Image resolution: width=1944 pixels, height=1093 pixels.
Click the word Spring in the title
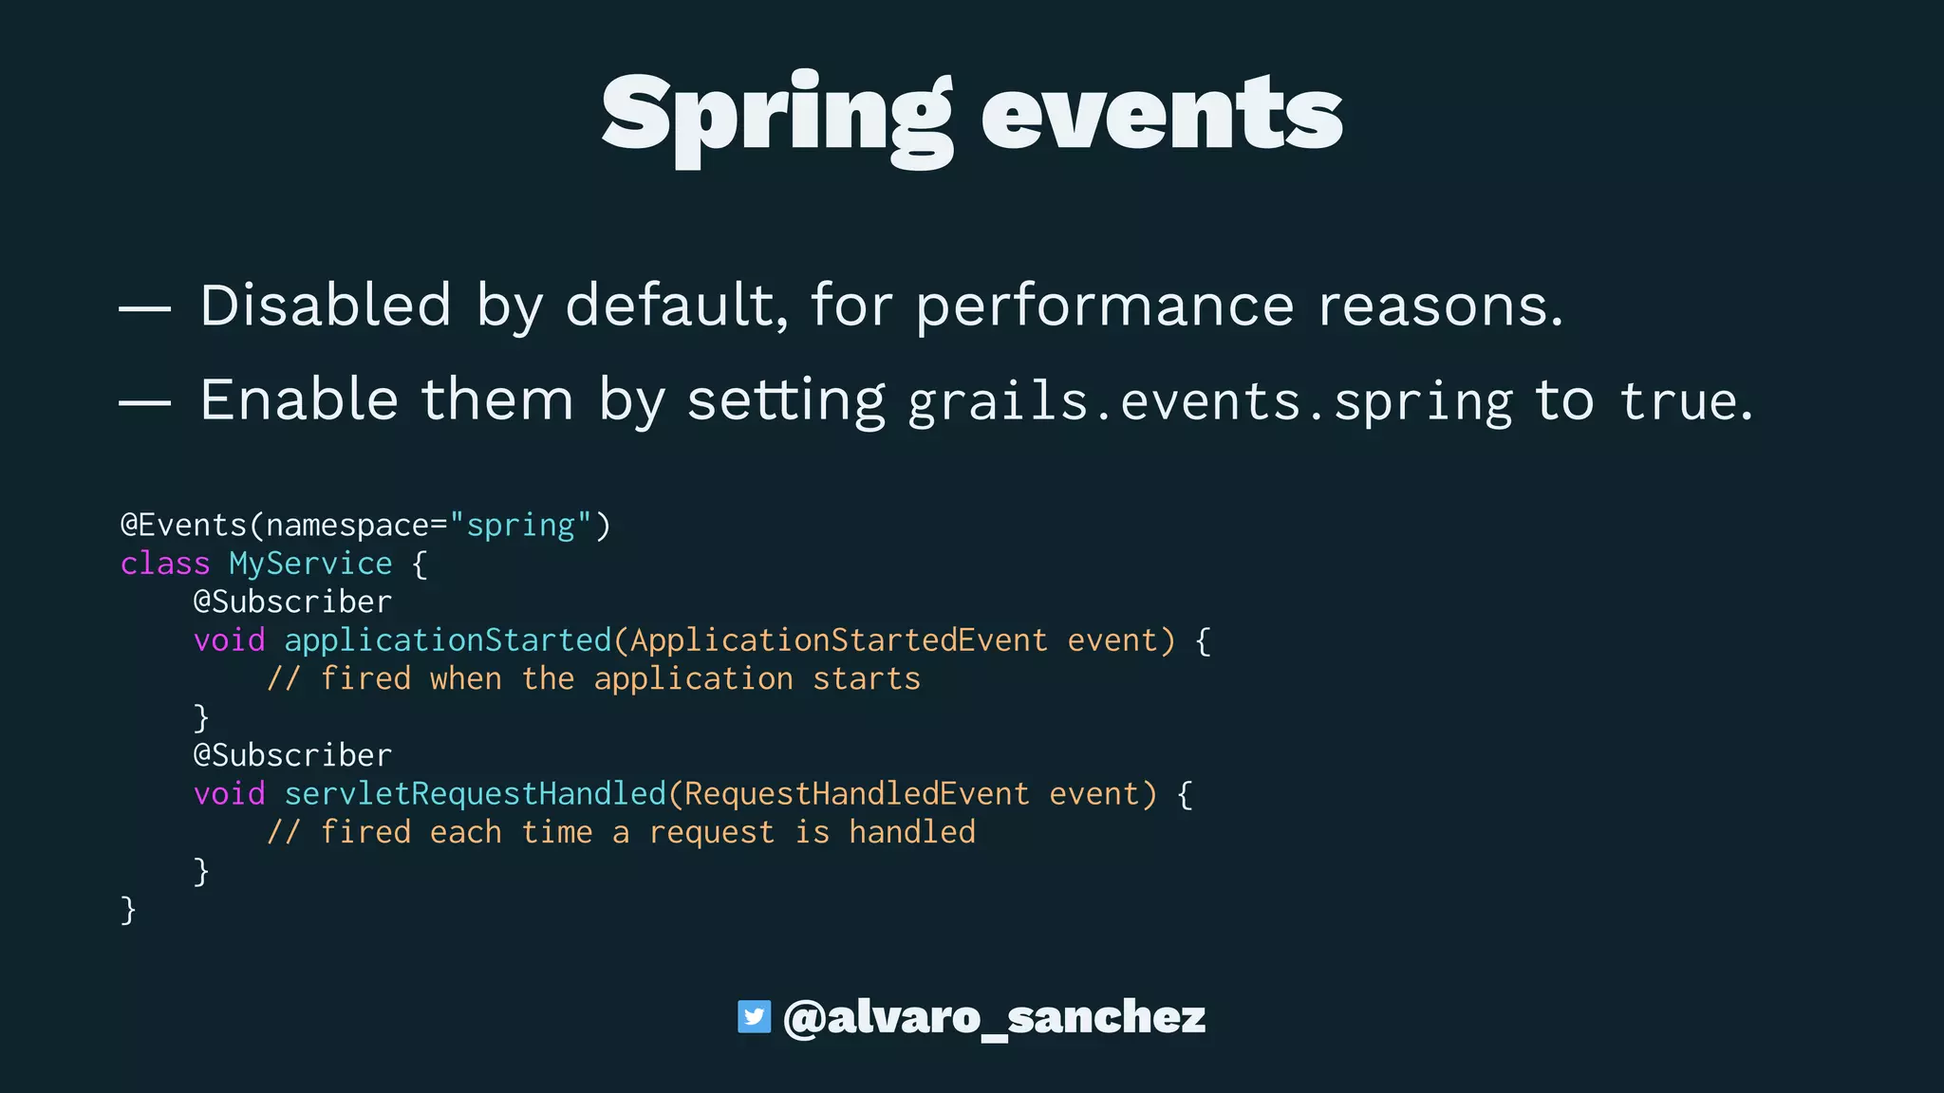pyautogui.click(x=776, y=116)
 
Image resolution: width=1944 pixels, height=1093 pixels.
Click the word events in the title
pyautogui.click(x=1162, y=116)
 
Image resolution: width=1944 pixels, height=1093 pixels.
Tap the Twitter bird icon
pyautogui.click(x=754, y=1017)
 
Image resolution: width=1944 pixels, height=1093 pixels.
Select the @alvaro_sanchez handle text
pyautogui.click(x=994, y=1017)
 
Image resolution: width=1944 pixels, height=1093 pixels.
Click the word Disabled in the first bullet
pyautogui.click(x=325, y=306)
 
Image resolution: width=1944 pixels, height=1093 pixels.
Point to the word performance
pyautogui.click(x=1104, y=307)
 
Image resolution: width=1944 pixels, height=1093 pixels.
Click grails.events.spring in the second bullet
pyautogui.click(x=1209, y=402)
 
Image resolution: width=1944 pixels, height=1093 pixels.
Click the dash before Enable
pyautogui.click(x=144, y=402)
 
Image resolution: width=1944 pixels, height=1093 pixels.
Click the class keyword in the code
pyautogui.click(x=164, y=564)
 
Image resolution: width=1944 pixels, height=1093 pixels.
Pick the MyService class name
pyautogui.click(x=310, y=564)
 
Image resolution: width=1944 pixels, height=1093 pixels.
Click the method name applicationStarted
pyautogui.click(x=448, y=640)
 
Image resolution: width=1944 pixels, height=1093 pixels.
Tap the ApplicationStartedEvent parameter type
pyautogui.click(x=838, y=640)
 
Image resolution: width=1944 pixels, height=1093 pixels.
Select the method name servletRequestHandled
pyautogui.click(x=476, y=793)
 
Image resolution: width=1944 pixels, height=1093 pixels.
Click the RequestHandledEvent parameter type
pyautogui.click(x=856, y=793)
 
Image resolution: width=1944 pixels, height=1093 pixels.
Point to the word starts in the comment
pyautogui.click(x=866, y=679)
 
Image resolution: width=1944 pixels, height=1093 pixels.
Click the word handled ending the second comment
pyautogui.click(x=911, y=832)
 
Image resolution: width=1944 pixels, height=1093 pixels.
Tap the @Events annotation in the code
pyautogui.click(x=183, y=526)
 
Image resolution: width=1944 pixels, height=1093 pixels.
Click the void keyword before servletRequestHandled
pyautogui.click(x=229, y=793)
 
